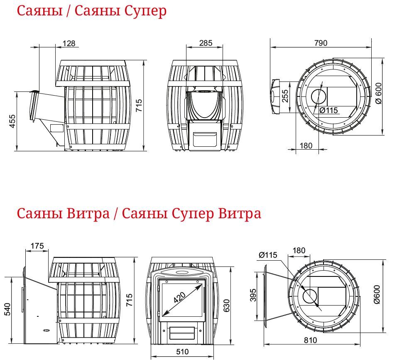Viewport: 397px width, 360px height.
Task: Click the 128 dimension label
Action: (69, 43)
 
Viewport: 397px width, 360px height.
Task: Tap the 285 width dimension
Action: (205, 43)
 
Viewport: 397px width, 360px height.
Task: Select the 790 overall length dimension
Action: (321, 43)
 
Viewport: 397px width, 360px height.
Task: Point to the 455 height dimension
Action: (12, 121)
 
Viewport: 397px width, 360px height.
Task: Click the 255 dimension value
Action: (285, 96)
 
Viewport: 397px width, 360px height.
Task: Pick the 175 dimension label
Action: (37, 246)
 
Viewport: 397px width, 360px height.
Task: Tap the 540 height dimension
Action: (7, 309)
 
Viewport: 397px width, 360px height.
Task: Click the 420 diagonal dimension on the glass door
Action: (180, 297)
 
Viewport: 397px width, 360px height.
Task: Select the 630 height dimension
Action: (226, 306)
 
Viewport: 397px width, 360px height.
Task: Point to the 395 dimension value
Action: (253, 295)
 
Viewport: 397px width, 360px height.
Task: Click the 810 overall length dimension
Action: (310, 340)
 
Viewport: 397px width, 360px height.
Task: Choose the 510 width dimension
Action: (182, 352)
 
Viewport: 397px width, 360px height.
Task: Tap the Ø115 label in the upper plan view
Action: (328, 110)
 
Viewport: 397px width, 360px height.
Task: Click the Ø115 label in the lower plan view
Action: (268, 255)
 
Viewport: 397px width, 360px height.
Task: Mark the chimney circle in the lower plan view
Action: (310, 295)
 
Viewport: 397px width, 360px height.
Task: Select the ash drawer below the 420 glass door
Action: (182, 333)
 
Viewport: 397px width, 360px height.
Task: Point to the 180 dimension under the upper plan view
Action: (306, 146)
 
